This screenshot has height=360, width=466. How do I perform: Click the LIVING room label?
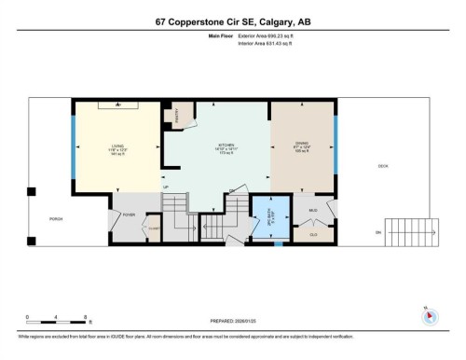[118, 146]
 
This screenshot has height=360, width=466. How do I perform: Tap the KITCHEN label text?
[225, 146]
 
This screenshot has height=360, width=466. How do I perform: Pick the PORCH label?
[56, 219]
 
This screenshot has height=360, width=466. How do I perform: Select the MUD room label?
[313, 211]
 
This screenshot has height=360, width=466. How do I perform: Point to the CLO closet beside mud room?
[314, 232]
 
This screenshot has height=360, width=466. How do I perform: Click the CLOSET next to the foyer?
[154, 229]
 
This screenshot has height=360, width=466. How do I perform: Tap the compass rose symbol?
[429, 315]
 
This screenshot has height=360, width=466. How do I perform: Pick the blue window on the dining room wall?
[336, 146]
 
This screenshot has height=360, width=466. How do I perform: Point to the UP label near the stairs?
[166, 187]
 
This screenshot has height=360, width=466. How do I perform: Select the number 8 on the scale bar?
[86, 317]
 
